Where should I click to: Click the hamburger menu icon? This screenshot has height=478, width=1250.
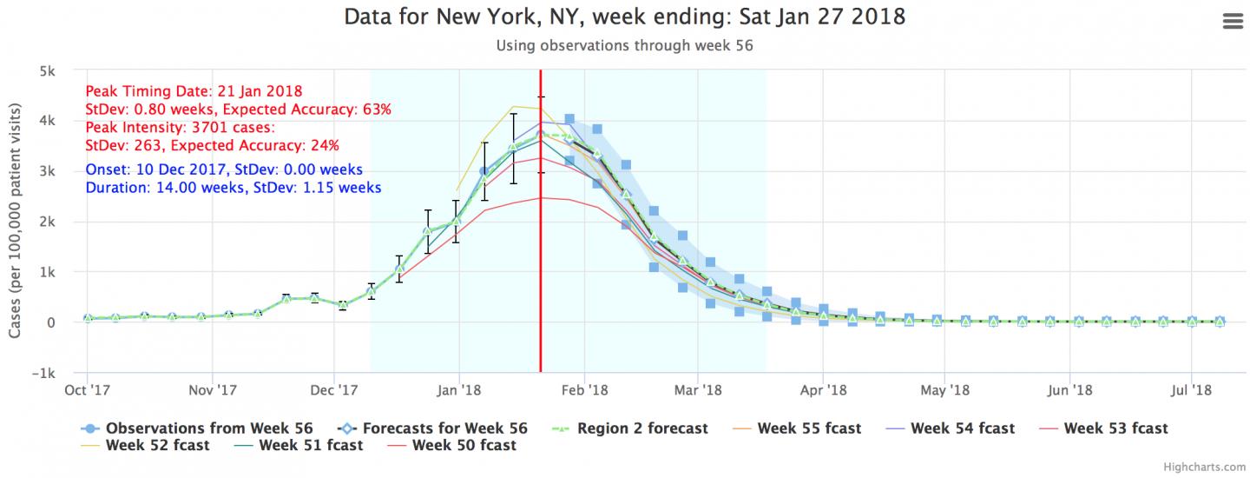click(x=1232, y=22)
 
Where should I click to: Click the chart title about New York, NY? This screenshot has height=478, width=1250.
click(x=625, y=17)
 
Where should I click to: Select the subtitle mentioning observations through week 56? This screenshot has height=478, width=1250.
click(x=624, y=46)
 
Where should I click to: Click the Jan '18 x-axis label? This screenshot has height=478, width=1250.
click(x=459, y=389)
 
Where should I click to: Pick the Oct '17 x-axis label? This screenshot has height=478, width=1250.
click(x=87, y=389)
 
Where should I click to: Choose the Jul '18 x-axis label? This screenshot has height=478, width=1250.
click(x=1192, y=389)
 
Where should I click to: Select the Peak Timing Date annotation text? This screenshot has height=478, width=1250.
click(x=194, y=91)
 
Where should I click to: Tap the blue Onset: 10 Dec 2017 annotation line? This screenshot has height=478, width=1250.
click(x=224, y=169)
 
